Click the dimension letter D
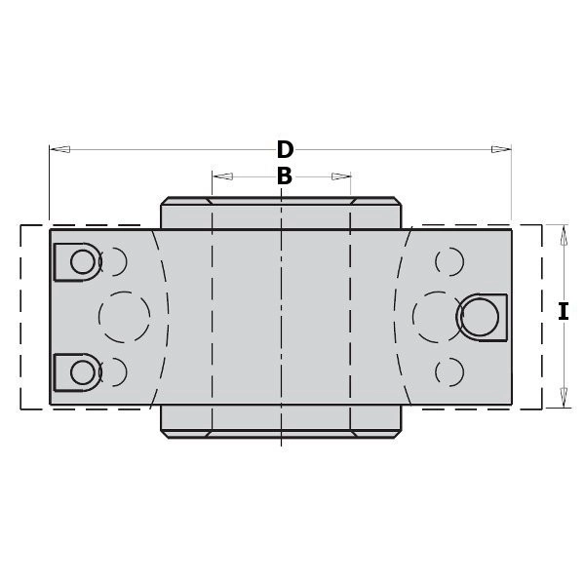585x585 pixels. (285, 149)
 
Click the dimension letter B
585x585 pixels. (285, 176)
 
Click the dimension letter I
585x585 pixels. (563, 312)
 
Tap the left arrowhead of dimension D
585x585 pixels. (59, 149)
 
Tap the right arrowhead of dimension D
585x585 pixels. (501, 149)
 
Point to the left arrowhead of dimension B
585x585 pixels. (222, 176)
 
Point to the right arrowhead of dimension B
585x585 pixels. (341, 176)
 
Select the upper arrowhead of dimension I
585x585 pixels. (564, 235)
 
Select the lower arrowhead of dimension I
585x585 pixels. (564, 398)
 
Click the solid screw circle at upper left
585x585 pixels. (83, 261)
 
